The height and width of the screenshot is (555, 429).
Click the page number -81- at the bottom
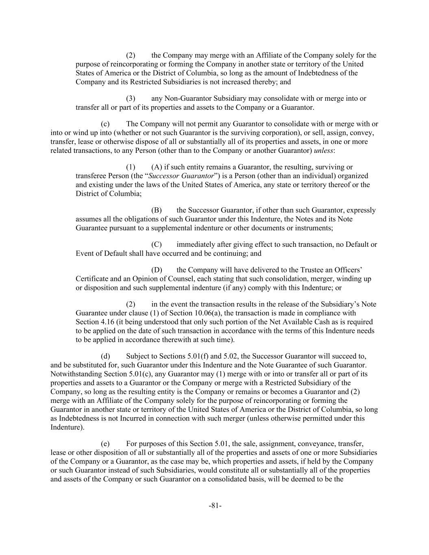pos(215,506)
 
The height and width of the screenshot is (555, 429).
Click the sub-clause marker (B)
pos(157,210)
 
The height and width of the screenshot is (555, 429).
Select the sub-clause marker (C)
pos(157,244)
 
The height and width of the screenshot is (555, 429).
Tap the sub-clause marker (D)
pos(157,270)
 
